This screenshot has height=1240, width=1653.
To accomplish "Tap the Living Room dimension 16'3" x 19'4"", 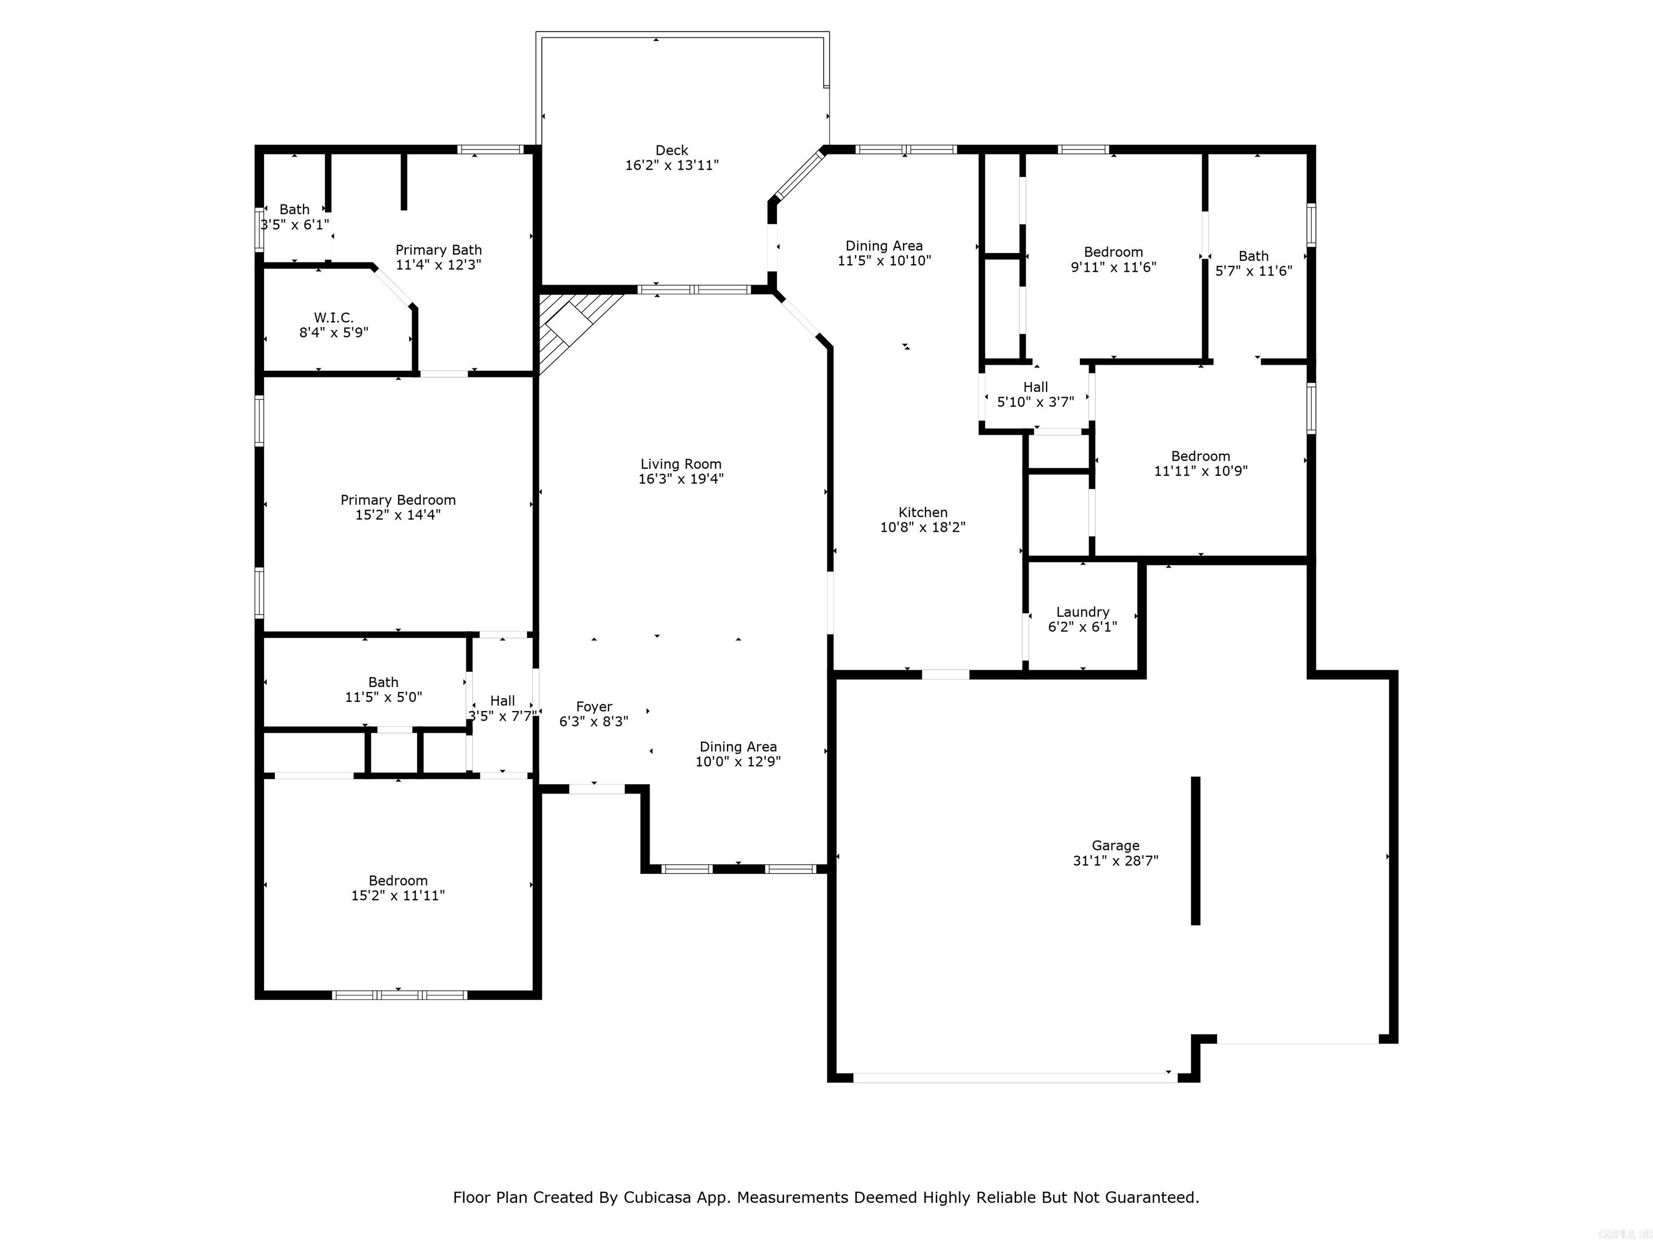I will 680,479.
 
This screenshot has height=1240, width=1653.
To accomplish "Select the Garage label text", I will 1115,846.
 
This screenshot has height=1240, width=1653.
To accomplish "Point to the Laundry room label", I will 1082,611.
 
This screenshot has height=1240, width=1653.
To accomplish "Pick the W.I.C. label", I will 333,318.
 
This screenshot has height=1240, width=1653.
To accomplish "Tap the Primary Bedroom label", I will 398,500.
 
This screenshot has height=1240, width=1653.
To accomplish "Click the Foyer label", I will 594,706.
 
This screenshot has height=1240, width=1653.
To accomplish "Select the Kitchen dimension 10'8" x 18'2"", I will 922,527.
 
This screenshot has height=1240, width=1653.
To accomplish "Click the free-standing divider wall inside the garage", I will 1195,850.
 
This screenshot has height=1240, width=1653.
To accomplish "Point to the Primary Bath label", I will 439,250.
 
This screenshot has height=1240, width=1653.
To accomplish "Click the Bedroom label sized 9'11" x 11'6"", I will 1113,252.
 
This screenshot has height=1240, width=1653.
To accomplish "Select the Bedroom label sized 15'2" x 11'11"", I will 398,880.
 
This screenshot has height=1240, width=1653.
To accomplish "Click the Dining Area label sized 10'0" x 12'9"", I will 738,746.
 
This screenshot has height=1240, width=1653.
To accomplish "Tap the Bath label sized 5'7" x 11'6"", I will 1253,256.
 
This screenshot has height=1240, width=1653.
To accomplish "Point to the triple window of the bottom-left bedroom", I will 399,995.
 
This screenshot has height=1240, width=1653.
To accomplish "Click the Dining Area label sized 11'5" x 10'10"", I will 884,246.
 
